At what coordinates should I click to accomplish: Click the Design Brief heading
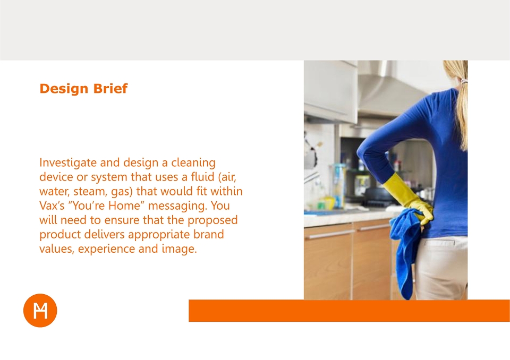click(x=83, y=89)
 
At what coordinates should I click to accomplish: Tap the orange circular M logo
click(x=40, y=310)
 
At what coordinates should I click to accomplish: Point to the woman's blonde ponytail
click(x=461, y=107)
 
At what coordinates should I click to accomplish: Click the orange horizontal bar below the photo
click(x=349, y=311)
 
